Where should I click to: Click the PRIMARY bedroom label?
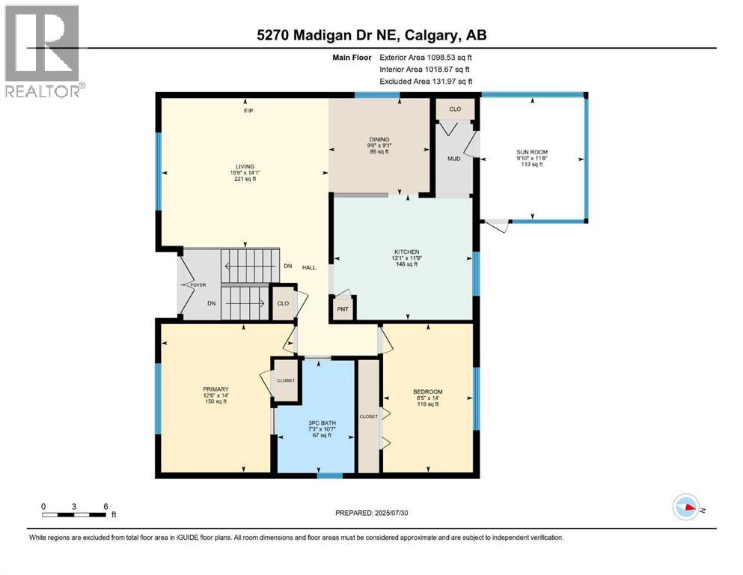(x=215, y=389)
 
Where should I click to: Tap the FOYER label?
(x=198, y=285)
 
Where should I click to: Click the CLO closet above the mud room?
(x=455, y=109)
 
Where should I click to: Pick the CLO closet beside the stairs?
(x=283, y=304)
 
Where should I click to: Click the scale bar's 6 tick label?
(x=105, y=505)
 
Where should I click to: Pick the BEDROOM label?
(x=428, y=392)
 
